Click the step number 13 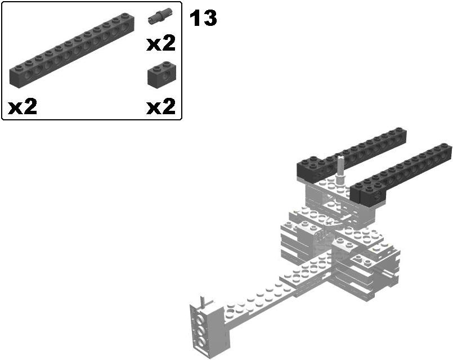point(203,19)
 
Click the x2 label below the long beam point(23,106)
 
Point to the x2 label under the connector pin point(161,44)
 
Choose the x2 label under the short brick point(161,106)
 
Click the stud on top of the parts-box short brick point(159,66)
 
